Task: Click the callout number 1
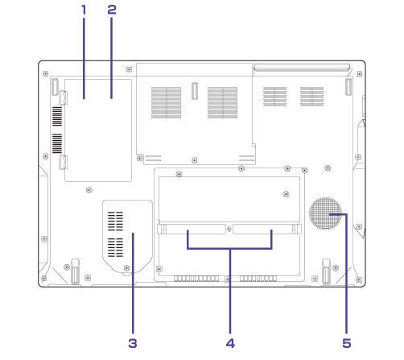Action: pyautogui.click(x=84, y=10)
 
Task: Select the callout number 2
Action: pyautogui.click(x=112, y=10)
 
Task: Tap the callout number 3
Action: pyautogui.click(x=133, y=343)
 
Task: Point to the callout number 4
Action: pyautogui.click(x=230, y=343)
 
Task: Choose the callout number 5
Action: pyautogui.click(x=347, y=343)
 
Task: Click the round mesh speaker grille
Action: pyautogui.click(x=325, y=213)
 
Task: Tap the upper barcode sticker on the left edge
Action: pyautogui.click(x=57, y=116)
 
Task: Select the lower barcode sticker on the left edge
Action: pyautogui.click(x=57, y=143)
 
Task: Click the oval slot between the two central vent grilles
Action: pyautogui.click(x=195, y=91)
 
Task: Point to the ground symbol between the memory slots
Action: pyautogui.click(x=229, y=229)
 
